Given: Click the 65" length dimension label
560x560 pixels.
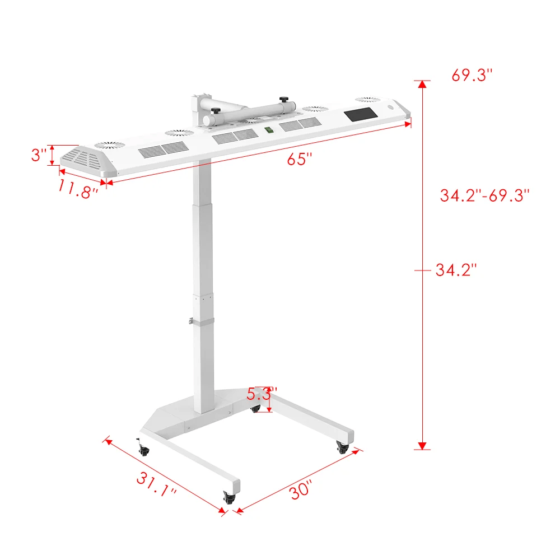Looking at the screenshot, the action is tap(300, 159).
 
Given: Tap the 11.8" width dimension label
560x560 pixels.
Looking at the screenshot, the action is tap(77, 189).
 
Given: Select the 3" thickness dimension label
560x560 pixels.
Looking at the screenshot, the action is tap(39, 155).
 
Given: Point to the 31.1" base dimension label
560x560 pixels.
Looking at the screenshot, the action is tap(156, 484).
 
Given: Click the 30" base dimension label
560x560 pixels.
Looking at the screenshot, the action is tap(301, 489).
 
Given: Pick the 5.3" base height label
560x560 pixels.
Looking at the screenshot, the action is tap(262, 394).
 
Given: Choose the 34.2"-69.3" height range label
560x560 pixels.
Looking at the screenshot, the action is tap(484, 195).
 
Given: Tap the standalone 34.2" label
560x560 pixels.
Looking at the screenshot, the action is tap(456, 270).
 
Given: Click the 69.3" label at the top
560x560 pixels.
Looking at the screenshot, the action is tap(472, 75).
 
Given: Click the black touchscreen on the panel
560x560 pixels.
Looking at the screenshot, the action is tap(361, 114).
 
